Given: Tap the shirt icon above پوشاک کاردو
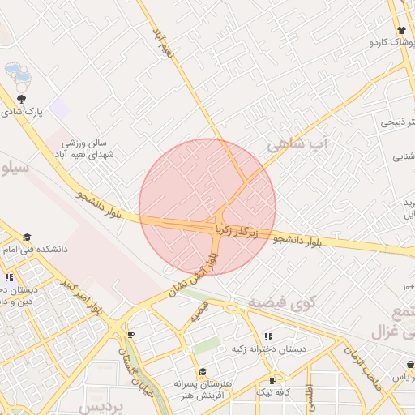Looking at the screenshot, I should pos(400,29).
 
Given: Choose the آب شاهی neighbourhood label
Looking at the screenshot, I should pos(300,145).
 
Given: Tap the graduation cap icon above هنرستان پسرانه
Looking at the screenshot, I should pos(203,371).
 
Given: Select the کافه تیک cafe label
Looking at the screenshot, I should pos(273,391).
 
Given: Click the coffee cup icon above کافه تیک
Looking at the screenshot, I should pos(272,380).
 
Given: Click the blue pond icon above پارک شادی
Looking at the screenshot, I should pos(18,75).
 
